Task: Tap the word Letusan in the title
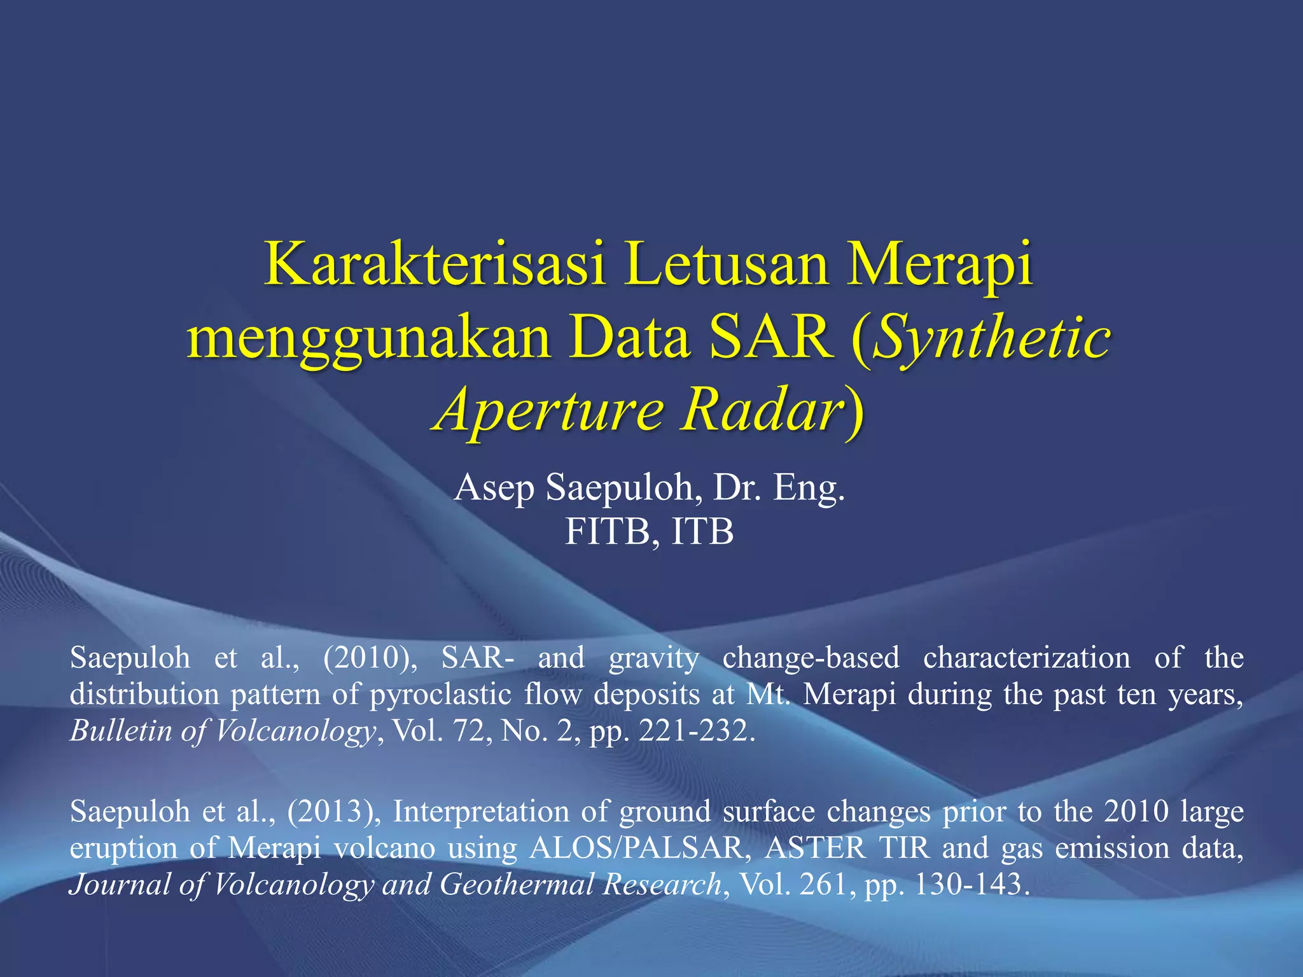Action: coord(725,265)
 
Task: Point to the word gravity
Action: coord(653,658)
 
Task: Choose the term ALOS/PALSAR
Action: coord(636,849)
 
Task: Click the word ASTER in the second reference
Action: coord(815,849)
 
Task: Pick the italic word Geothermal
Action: coord(516,885)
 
